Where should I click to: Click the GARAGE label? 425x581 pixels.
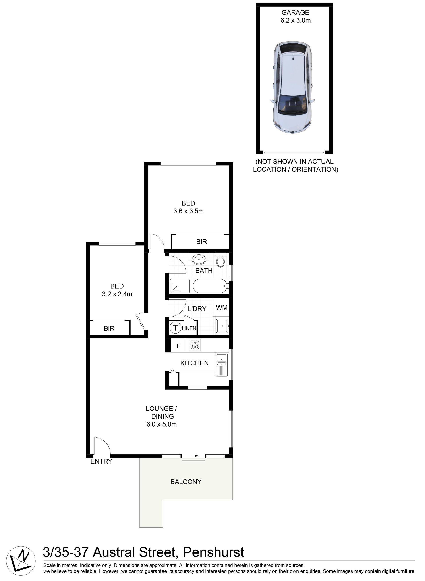pyautogui.click(x=295, y=12)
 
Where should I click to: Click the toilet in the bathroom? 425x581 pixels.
pyautogui.click(x=220, y=260)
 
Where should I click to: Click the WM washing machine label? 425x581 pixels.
pyautogui.click(x=222, y=308)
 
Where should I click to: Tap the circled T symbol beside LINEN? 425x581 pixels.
pyautogui.click(x=175, y=328)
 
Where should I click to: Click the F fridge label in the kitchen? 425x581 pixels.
pyautogui.click(x=179, y=346)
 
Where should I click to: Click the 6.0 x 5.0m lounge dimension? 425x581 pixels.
pyautogui.click(x=162, y=424)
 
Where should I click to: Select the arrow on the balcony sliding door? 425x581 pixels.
pyautogui.click(x=195, y=456)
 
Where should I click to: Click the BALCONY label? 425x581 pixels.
pyautogui.click(x=186, y=482)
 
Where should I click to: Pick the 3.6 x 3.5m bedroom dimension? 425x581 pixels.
pyautogui.click(x=188, y=211)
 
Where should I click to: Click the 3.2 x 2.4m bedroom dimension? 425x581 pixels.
pyautogui.click(x=117, y=294)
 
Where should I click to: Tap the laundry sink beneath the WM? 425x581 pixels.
pyautogui.click(x=222, y=326)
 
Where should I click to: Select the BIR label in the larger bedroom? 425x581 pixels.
pyautogui.click(x=201, y=241)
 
